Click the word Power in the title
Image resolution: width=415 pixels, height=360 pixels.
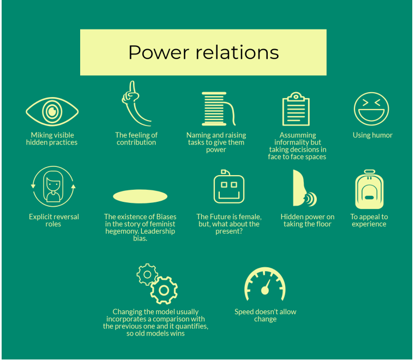(154, 52)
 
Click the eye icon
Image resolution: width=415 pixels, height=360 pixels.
(52, 111)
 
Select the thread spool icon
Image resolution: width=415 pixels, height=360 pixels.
(216, 109)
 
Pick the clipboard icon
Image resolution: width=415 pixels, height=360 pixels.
(296, 110)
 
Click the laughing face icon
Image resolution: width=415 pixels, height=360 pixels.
(371, 109)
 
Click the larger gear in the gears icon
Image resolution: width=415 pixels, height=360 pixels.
(164, 290)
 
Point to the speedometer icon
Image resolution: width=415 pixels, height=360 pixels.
(265, 285)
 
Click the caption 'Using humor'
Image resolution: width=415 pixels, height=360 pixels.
(372, 135)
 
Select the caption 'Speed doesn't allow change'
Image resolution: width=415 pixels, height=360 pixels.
(266, 315)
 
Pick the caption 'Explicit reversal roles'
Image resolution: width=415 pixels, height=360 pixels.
(53, 220)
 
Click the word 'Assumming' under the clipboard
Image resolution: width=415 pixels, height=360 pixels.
(298, 135)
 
